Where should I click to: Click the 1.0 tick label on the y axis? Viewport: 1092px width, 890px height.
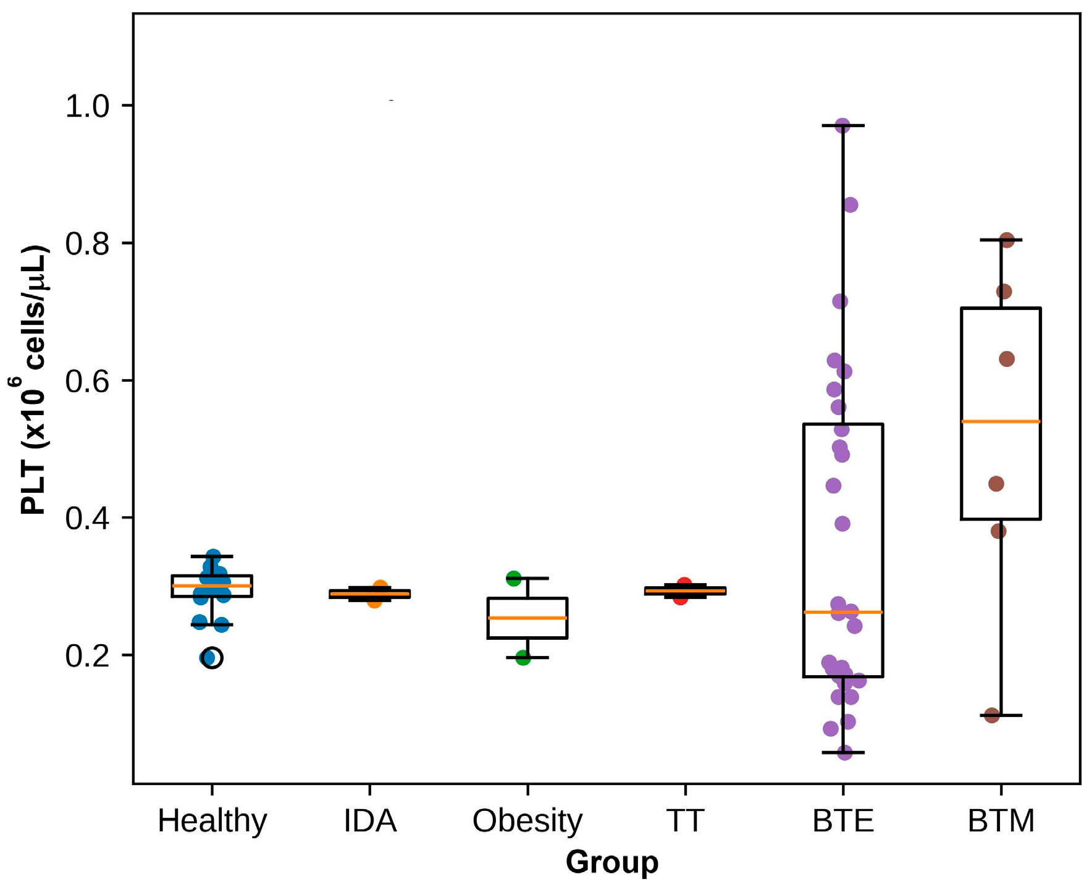pos(86,106)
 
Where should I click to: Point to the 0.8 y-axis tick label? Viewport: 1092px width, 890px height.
pos(86,244)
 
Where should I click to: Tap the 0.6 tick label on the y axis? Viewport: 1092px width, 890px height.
pos(86,381)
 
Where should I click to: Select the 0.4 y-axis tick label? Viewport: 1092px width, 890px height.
pos(86,518)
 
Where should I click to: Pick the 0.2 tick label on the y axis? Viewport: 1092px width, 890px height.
pos(86,656)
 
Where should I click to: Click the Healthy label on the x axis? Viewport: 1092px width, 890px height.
pos(212,821)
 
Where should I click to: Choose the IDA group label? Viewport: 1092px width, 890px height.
pos(370,821)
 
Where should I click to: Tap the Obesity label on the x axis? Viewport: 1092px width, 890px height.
pos(527,821)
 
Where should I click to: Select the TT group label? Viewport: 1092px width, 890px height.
pos(685,821)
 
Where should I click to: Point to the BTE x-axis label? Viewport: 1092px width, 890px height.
pos(843,821)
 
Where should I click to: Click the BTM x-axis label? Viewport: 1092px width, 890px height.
pos(1001,821)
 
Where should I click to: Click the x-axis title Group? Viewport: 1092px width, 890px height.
pos(611,862)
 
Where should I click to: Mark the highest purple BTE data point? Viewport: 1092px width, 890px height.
pos(842,125)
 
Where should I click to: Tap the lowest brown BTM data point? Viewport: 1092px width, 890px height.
pos(992,715)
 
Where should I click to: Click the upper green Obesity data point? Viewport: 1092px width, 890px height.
pos(513,578)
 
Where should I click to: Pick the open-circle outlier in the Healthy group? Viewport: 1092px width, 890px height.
pos(212,658)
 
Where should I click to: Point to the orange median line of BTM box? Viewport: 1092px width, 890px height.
pos(1001,421)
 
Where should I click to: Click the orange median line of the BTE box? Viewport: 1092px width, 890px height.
pos(843,612)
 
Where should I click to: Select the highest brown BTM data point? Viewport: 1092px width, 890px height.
pos(1007,240)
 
